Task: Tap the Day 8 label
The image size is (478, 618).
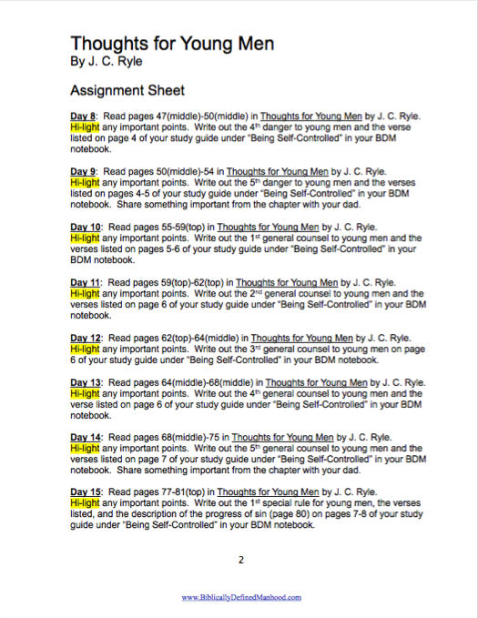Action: (83, 117)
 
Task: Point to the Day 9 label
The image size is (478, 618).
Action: (83, 170)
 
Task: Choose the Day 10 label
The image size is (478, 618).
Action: (86, 225)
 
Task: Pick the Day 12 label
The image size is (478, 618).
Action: (86, 334)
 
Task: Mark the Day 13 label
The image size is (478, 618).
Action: (86, 382)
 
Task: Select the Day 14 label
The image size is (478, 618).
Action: (86, 436)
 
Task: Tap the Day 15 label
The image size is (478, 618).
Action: (86, 491)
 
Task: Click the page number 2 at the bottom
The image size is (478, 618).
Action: (240, 560)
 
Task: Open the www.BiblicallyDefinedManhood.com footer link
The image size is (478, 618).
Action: (240, 597)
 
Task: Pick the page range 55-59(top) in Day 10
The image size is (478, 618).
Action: (185, 225)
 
